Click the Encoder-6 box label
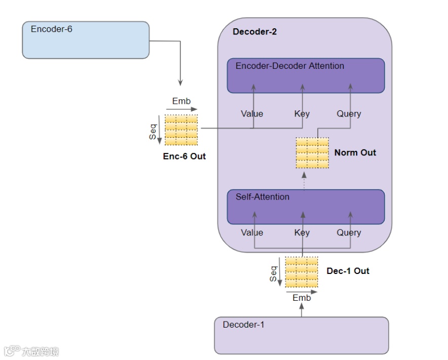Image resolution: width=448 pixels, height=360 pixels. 51,29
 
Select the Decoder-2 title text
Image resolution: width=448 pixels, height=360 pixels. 254,32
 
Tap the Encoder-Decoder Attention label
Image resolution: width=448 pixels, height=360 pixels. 290,66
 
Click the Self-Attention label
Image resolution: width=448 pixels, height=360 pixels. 263,196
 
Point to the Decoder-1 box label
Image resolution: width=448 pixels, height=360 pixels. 243,325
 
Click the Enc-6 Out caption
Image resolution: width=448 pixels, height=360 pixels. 184,156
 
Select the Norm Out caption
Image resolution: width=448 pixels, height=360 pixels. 355,153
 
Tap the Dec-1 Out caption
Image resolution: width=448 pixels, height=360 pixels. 348,271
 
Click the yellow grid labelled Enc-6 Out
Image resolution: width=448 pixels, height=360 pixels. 181,130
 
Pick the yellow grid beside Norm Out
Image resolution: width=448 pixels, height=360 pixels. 312,153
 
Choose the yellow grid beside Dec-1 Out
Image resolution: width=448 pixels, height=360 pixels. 302,272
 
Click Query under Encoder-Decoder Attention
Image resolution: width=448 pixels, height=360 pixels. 349,114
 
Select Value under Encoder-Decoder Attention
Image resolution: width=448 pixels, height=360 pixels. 252,113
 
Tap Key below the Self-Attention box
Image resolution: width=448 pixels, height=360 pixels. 302,233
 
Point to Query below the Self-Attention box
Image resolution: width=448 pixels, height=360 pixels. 349,233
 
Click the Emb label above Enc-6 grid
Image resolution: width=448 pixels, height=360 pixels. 181,101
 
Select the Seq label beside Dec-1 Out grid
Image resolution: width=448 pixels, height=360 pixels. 274,274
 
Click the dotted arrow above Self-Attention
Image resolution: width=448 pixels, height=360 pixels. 304,181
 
